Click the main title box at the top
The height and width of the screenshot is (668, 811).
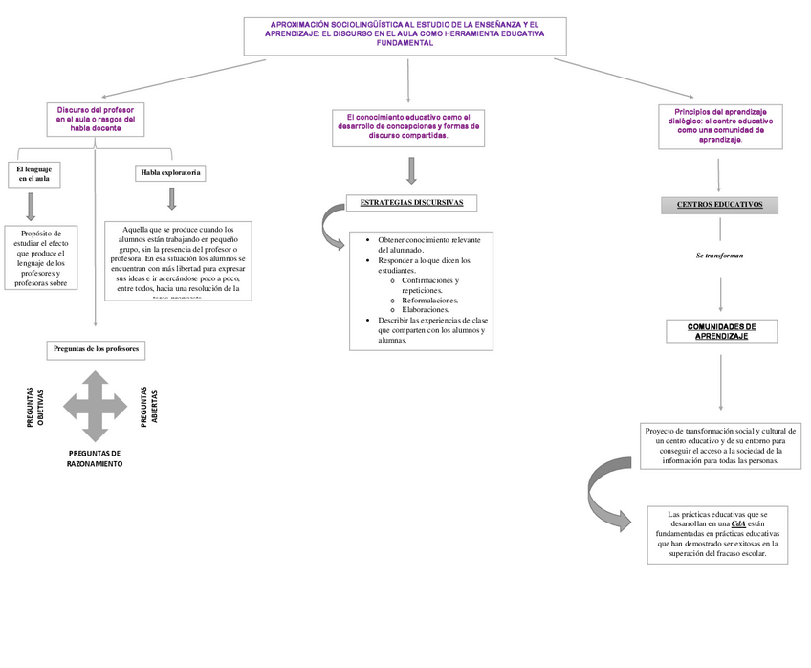pyautogui.click(x=405, y=35)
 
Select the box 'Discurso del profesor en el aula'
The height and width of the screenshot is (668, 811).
pyautogui.click(x=95, y=120)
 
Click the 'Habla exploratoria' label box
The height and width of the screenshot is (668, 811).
pyautogui.click(x=170, y=172)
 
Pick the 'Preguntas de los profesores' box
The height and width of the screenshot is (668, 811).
pyautogui.click(x=97, y=349)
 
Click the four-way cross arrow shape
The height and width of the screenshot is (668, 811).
pyautogui.click(x=95, y=406)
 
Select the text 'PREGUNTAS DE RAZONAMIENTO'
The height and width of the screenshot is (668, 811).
pyautogui.click(x=95, y=457)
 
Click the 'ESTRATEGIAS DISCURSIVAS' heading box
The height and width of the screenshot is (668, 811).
pyautogui.click(x=411, y=203)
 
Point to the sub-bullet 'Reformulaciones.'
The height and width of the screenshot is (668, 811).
pyautogui.click(x=429, y=300)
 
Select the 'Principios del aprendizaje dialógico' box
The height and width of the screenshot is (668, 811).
pyautogui.click(x=720, y=125)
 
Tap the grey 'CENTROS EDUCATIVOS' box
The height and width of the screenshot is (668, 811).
pyautogui.click(x=719, y=205)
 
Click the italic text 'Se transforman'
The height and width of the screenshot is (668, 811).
pyautogui.click(x=719, y=256)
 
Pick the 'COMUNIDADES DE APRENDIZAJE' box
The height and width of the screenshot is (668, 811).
pyautogui.click(x=721, y=331)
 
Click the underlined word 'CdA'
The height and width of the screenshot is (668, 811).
pyautogui.click(x=737, y=524)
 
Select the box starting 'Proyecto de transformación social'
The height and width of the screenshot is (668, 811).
pyautogui.click(x=719, y=446)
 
